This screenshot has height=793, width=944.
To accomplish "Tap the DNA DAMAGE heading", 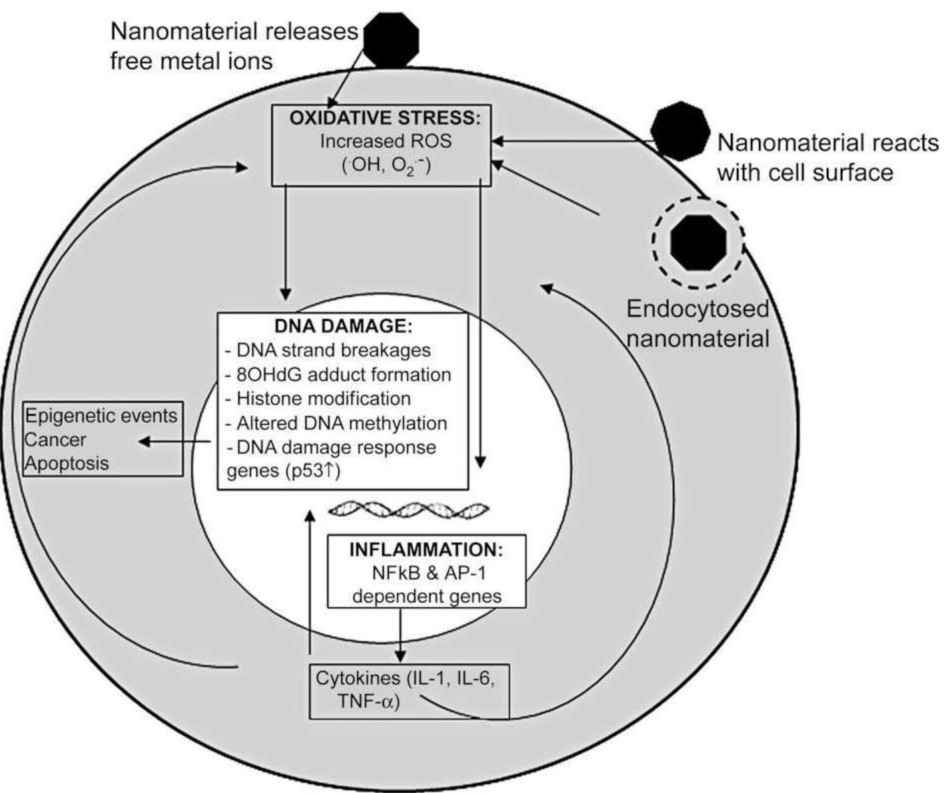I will point(344,326).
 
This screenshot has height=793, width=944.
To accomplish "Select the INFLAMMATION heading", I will point(426,550).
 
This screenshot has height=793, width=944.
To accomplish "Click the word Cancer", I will point(55,440).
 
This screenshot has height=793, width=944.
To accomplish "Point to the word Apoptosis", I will point(67,463).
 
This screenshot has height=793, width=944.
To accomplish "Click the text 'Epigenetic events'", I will point(101,416).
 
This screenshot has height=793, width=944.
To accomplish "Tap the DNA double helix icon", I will point(408,510).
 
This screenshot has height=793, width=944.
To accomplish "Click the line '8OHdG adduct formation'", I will point(338,375).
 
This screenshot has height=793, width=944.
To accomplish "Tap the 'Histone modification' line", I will point(318,398).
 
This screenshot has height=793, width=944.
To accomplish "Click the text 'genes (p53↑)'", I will point(284,471).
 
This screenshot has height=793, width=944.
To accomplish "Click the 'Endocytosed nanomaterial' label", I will point(698,324).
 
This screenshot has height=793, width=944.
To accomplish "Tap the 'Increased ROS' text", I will point(385,141).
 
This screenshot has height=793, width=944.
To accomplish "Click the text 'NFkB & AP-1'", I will point(426,573).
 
